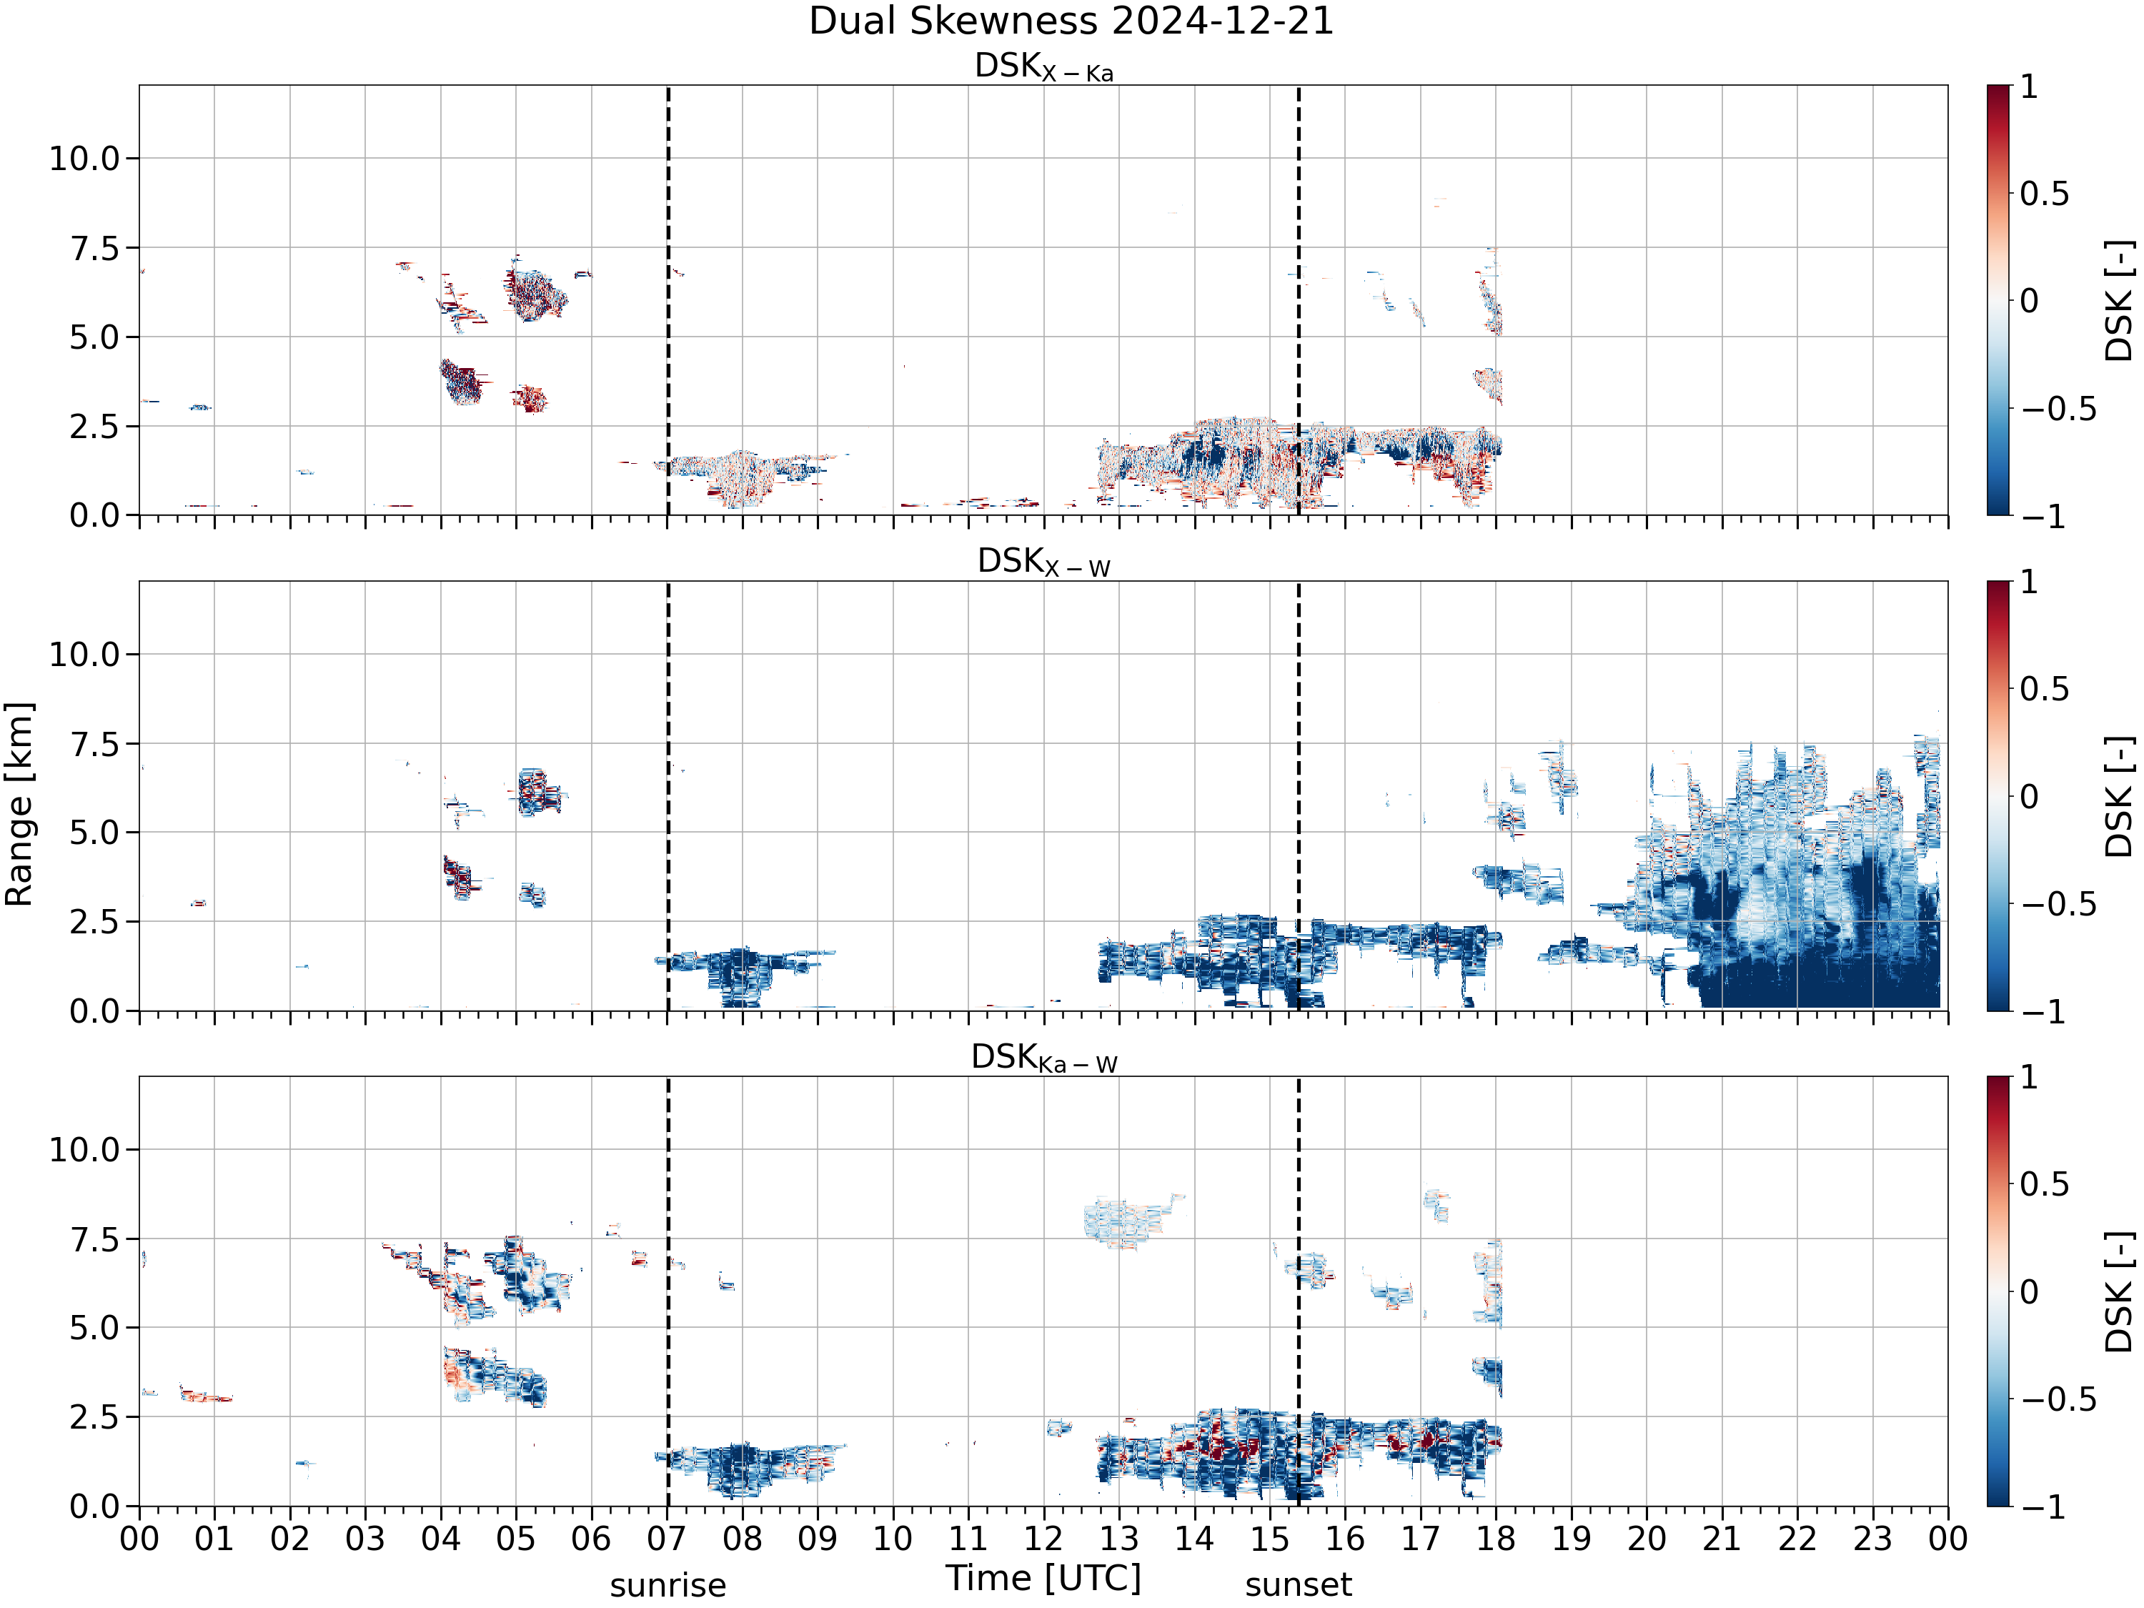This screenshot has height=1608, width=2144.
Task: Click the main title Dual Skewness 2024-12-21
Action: pos(1071,21)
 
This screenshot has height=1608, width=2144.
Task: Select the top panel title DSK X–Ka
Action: pos(1044,67)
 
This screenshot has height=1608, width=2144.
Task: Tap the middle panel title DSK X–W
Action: pos(1044,562)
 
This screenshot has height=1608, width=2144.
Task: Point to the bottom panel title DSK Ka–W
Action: pos(1044,1058)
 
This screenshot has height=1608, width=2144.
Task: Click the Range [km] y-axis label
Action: pos(19,805)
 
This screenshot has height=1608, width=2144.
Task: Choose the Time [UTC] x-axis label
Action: pos(1044,1578)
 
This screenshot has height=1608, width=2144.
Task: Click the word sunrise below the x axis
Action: pos(667,1586)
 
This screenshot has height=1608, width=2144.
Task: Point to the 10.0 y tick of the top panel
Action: pos(84,158)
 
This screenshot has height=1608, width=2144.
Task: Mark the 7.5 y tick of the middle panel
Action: pos(95,743)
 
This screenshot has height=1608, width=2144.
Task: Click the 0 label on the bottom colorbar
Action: pos(2030,1291)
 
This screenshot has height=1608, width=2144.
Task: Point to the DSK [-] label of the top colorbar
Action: pos(2120,300)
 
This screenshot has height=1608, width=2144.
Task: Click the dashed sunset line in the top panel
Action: pos(1299,300)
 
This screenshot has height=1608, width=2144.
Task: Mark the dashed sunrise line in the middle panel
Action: pos(667,795)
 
